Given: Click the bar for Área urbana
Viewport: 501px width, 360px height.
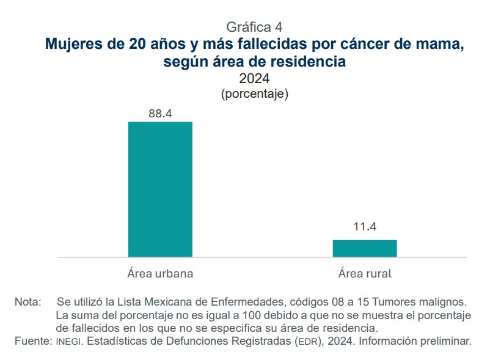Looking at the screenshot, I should click(160, 189).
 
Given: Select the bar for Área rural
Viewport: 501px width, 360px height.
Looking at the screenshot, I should click(365, 248).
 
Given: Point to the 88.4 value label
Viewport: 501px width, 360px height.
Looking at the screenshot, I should click(160, 113).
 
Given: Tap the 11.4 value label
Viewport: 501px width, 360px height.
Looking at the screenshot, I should click(365, 227).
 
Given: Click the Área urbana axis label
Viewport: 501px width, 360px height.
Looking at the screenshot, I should click(160, 274).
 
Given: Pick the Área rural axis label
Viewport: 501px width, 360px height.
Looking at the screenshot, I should click(365, 274).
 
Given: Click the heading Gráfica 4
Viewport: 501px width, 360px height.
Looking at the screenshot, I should click(254, 27).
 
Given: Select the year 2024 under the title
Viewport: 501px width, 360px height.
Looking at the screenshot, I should click(254, 79).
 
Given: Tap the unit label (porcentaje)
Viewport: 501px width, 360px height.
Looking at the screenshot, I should click(254, 94).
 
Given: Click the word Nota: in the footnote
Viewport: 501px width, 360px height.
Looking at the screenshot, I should click(28, 303).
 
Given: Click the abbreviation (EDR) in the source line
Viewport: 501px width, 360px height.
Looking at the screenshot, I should click(307, 341).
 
